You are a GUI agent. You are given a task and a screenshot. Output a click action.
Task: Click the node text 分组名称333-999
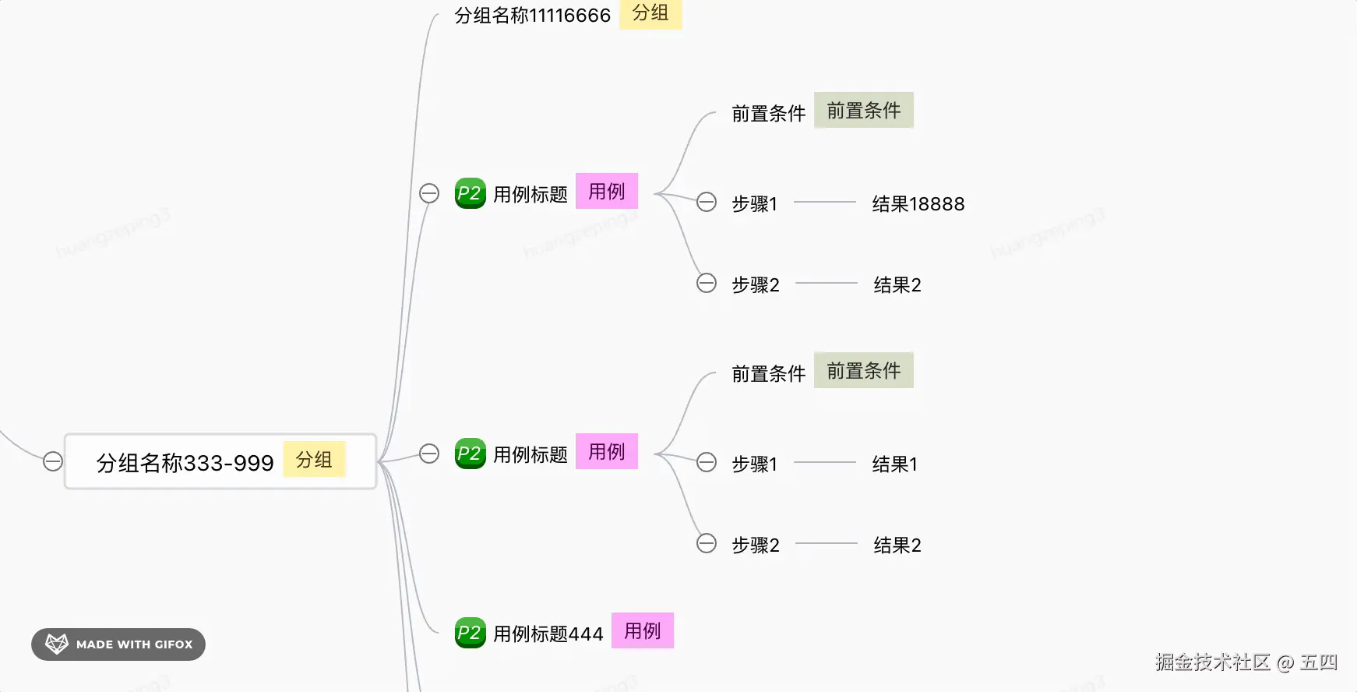click(x=185, y=463)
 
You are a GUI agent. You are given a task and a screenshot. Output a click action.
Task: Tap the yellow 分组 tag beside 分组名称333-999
click(x=314, y=460)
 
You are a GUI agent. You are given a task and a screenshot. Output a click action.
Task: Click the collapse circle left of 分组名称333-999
click(x=53, y=461)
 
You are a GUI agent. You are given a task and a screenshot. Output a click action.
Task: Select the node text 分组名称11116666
click(x=532, y=16)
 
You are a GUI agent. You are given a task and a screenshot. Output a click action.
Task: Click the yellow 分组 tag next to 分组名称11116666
click(x=650, y=13)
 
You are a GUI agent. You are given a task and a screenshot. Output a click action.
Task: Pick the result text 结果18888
click(x=918, y=204)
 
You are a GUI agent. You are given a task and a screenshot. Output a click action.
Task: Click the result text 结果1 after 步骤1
click(x=894, y=464)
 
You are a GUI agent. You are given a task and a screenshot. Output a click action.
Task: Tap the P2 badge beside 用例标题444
click(x=470, y=633)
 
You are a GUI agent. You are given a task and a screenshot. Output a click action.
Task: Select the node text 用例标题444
click(x=548, y=634)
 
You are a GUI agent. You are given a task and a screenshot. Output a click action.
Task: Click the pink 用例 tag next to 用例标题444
click(x=643, y=630)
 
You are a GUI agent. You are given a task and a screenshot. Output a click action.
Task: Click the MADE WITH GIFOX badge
click(x=118, y=644)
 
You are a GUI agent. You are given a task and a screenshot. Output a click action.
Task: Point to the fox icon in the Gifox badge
click(x=57, y=644)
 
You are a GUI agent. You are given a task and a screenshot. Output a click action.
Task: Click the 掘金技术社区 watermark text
click(x=1212, y=662)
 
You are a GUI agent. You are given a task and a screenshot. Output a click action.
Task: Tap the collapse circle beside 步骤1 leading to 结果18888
click(x=707, y=202)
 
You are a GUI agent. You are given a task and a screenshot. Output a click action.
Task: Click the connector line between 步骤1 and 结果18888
click(x=825, y=203)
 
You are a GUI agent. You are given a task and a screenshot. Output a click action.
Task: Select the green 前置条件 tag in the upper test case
click(x=863, y=111)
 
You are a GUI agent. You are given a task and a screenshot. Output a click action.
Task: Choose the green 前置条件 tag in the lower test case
click(x=863, y=371)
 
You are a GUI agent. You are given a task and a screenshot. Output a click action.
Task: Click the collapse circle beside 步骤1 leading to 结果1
click(x=707, y=462)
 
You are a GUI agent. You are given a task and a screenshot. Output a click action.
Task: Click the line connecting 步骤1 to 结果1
click(x=825, y=463)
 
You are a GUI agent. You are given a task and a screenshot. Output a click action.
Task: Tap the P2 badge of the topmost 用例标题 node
click(x=470, y=193)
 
